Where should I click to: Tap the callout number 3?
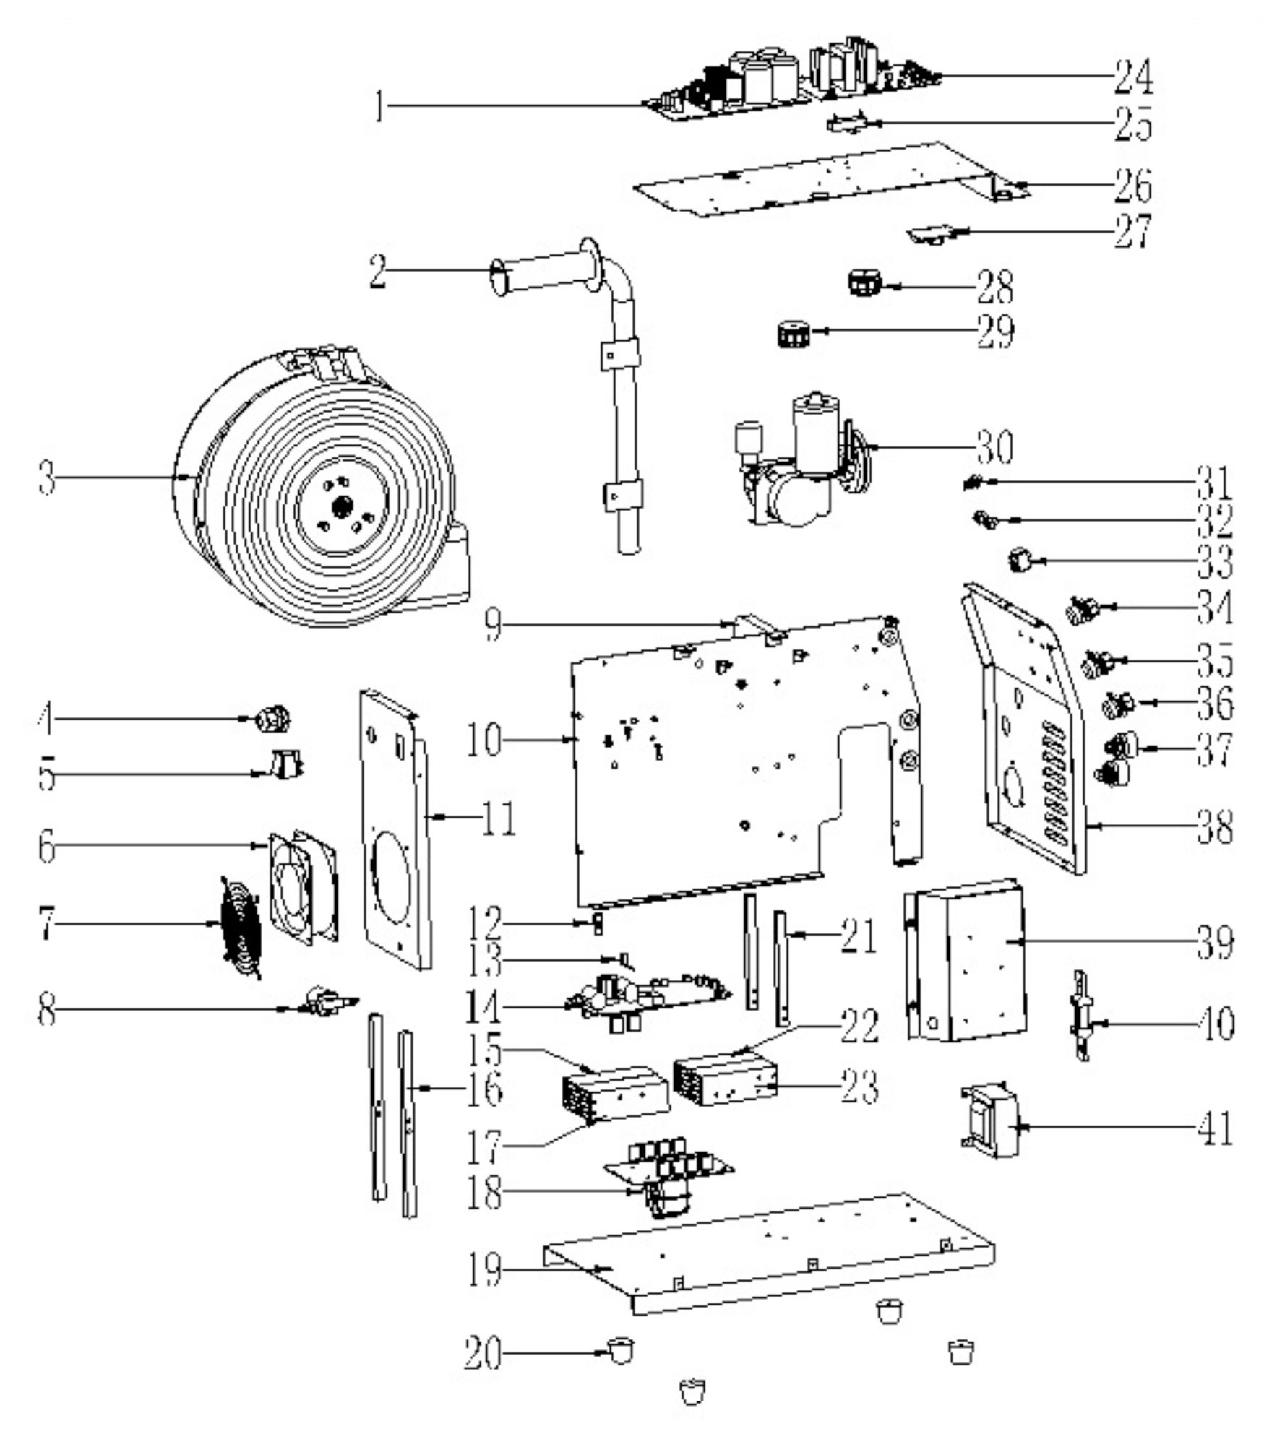tap(46, 478)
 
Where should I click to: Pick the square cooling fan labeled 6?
tap(302, 888)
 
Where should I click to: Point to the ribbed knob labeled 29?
tap(794, 334)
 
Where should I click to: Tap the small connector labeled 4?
tap(274, 718)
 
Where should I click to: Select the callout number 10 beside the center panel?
tap(483, 739)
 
